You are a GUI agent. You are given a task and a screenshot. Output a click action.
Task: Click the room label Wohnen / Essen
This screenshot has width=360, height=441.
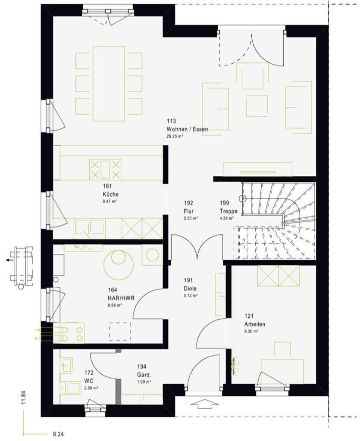tap(187, 129)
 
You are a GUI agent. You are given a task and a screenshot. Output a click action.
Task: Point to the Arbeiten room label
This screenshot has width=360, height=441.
tap(255, 324)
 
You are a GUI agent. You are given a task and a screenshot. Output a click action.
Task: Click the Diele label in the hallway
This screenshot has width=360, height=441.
tap(189, 288)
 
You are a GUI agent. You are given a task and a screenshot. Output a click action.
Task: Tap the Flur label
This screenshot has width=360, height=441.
tap(188, 211)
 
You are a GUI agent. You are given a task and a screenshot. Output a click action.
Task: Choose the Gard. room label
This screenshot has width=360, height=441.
tap(144, 374)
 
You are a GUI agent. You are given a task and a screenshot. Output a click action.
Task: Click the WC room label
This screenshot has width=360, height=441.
tap(89, 381)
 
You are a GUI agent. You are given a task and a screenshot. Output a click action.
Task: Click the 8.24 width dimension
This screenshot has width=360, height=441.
tap(58, 435)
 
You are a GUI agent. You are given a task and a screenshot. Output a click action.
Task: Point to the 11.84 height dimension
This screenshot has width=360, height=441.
tap(24, 398)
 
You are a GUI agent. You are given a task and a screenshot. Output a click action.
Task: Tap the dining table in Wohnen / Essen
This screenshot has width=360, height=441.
tap(108, 84)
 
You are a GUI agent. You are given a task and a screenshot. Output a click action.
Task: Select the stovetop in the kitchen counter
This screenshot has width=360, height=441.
tap(105, 169)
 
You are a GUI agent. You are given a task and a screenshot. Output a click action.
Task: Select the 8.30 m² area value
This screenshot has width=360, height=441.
tap(251, 332)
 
